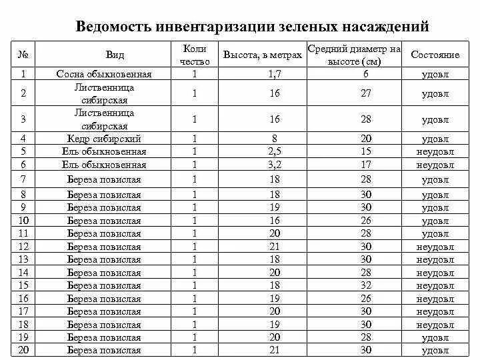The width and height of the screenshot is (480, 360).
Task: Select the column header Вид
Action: [x=114, y=55]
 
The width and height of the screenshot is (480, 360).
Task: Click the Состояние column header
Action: [x=435, y=55]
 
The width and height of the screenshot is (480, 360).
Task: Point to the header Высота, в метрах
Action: [x=262, y=55]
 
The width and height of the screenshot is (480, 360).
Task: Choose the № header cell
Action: [x=23, y=55]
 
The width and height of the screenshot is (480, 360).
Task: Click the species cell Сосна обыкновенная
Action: [x=104, y=74]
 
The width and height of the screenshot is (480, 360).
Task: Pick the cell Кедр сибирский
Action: [x=104, y=139]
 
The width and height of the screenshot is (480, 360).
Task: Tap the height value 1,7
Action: [x=275, y=74]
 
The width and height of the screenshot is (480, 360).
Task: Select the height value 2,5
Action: [x=275, y=151]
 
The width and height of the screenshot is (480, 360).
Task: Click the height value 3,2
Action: [x=275, y=164]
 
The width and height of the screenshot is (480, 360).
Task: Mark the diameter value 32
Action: [x=365, y=285]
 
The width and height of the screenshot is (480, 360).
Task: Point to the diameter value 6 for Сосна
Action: [x=365, y=74]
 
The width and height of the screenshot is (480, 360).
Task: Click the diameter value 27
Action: [x=365, y=93]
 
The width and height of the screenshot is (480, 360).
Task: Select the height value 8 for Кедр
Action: [x=275, y=139]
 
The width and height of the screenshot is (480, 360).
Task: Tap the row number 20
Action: [x=23, y=350]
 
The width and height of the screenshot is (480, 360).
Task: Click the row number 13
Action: [x=23, y=259]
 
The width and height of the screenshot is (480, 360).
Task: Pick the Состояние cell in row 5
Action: [x=435, y=151]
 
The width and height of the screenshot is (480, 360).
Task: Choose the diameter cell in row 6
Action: [x=365, y=164]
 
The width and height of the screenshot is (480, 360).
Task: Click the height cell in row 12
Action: [x=275, y=247]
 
